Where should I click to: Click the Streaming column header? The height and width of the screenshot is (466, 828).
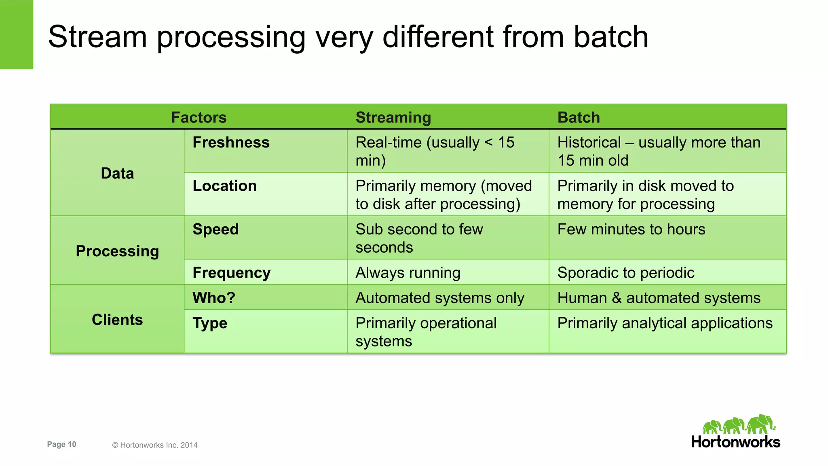point(393,118)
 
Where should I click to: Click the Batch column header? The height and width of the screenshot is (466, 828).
point(578,118)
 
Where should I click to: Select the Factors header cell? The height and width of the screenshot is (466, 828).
point(199,118)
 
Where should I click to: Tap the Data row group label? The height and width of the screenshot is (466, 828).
point(117,173)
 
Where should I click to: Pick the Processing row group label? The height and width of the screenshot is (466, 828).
point(117,251)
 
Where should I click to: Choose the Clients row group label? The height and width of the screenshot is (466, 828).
point(117,320)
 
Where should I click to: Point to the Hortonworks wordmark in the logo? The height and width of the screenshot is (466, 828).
point(735,442)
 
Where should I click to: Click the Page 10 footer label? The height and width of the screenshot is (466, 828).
point(61,444)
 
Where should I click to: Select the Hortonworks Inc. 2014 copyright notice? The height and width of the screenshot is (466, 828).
point(155,445)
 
